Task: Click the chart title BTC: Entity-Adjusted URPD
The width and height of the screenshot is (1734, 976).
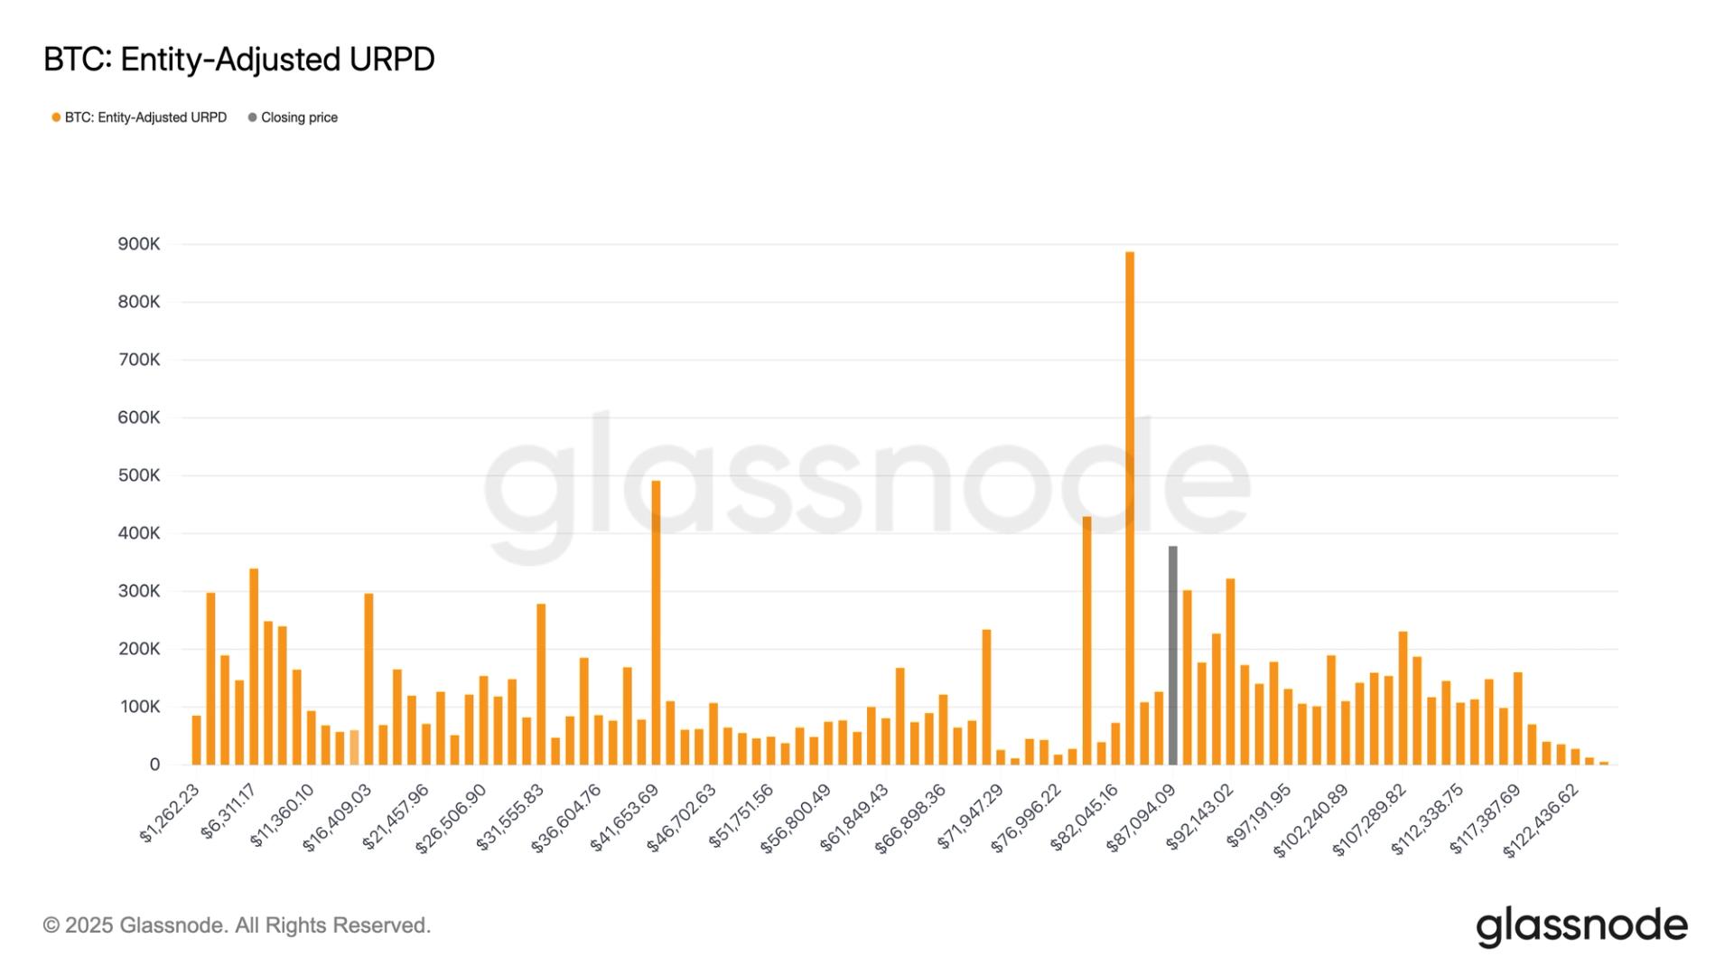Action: [239, 60]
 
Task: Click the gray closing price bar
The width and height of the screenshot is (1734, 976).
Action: [1172, 655]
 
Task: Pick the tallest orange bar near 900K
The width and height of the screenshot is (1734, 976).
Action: [1130, 506]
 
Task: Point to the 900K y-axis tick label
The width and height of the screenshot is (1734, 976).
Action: [139, 244]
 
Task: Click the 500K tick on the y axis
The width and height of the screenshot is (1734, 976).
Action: [139, 475]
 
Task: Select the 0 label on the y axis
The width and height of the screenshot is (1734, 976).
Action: [154, 765]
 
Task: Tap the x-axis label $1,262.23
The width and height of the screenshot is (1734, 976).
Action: [170, 813]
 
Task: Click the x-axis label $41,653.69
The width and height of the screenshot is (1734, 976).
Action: [625, 818]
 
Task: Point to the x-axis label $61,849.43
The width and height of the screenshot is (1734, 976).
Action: [855, 818]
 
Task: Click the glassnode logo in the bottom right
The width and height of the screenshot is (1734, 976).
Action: [1581, 926]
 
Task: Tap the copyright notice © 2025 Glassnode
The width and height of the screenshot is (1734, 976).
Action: [237, 925]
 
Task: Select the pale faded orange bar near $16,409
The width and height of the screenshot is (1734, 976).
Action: [355, 747]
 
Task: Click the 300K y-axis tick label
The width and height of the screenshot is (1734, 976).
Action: [139, 591]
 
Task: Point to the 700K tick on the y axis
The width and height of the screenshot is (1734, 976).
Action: [139, 360]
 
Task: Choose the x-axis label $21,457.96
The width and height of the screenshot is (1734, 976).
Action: [396, 818]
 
